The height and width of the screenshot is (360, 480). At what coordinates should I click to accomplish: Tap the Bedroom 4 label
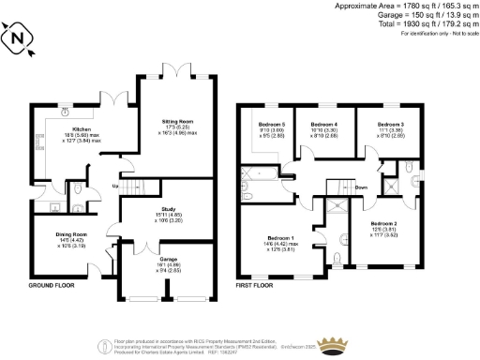[323, 125]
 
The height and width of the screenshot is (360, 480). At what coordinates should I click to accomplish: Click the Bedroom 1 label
[281, 238]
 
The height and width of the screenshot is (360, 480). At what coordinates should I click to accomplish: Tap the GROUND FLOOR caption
[52, 285]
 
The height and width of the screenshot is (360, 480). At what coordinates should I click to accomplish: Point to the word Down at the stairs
[361, 187]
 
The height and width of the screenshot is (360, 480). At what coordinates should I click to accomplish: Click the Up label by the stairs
[114, 187]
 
